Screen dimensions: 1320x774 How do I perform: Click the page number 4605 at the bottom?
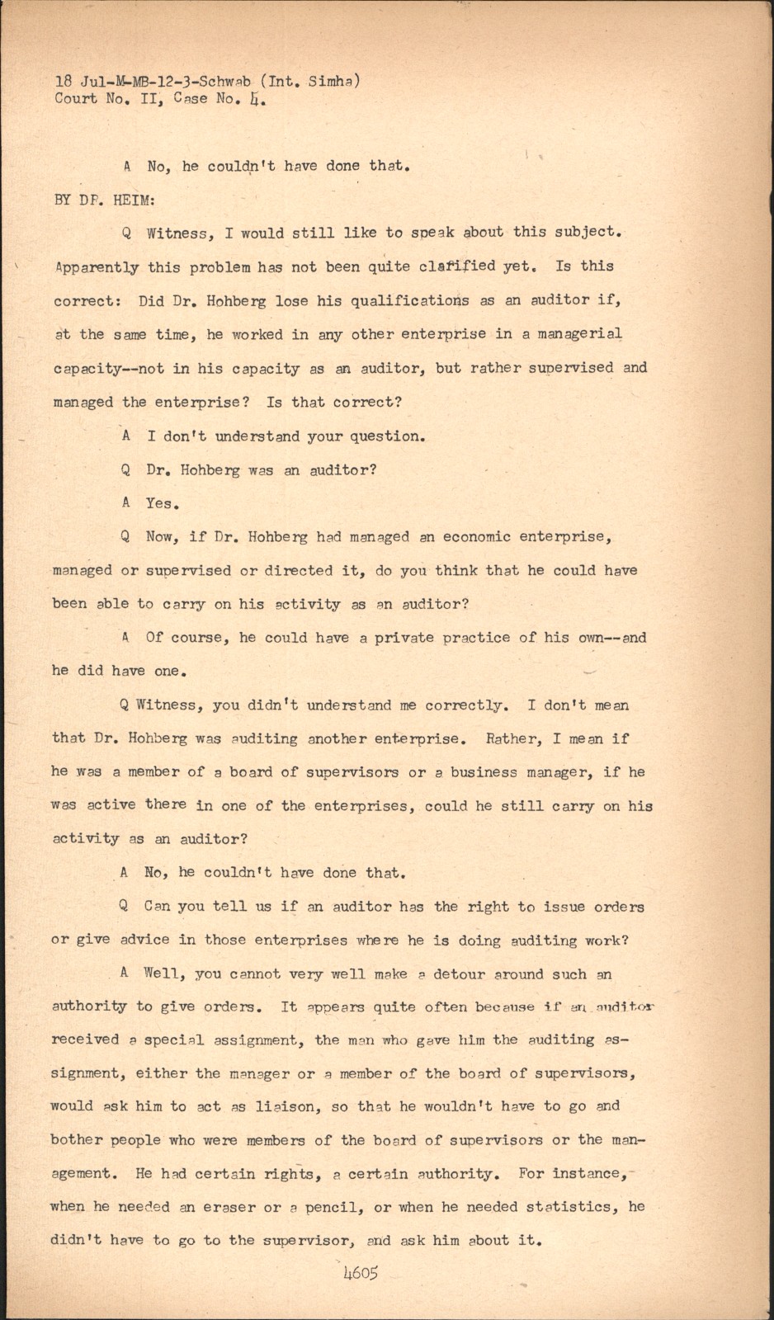tap(360, 1273)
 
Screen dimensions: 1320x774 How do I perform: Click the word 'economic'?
tap(476, 537)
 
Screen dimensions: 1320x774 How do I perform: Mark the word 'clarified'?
tap(457, 266)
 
